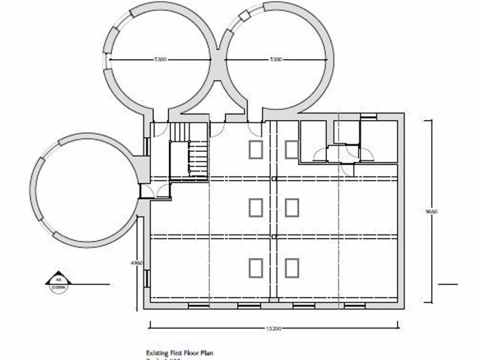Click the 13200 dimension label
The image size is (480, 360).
(x=273, y=329)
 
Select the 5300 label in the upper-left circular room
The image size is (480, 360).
(x=160, y=60)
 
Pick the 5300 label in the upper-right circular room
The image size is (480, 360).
(x=276, y=60)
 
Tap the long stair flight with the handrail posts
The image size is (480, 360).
(x=198, y=159)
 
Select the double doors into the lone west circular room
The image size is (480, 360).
(x=156, y=191)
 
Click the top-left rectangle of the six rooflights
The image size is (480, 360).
(x=256, y=150)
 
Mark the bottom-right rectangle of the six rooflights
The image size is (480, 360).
(x=292, y=268)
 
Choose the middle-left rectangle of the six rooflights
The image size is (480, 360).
(x=256, y=207)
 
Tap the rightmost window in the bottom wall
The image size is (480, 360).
(x=354, y=306)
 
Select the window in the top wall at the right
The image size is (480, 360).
(x=368, y=115)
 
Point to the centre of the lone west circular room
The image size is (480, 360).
(x=84, y=190)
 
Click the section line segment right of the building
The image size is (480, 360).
(x=448, y=284)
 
